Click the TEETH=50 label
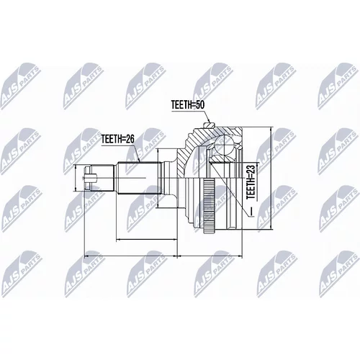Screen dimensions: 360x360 [188, 105]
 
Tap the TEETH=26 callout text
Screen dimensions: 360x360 [117, 139]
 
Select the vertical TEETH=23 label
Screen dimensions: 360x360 [251, 182]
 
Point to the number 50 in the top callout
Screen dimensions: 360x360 [199, 105]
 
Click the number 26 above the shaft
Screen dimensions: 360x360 [129, 139]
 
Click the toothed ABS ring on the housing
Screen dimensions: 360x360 [209, 206]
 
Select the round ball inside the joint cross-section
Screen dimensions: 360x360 [223, 145]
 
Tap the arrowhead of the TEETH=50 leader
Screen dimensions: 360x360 [208, 120]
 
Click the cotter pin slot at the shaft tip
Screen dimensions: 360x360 [91, 178]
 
